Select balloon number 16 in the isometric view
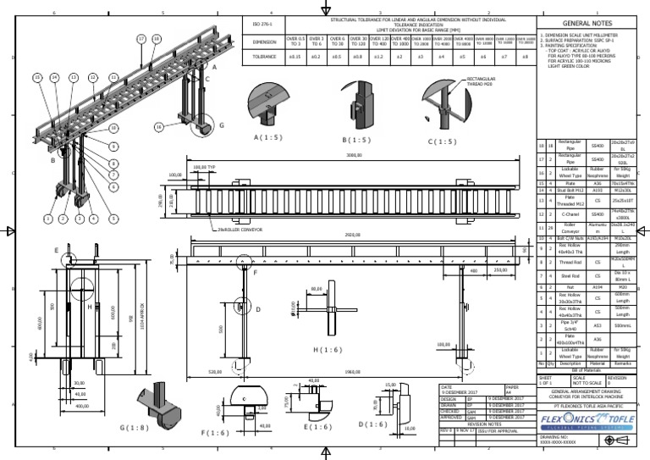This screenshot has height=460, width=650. [x=159, y=127]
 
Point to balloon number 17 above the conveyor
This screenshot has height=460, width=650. [x=141, y=40]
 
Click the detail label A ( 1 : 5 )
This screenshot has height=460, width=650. [x=267, y=136]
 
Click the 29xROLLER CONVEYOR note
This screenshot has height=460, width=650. [x=241, y=229]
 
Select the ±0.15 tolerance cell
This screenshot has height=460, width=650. [x=295, y=56]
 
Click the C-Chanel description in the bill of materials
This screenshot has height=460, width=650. [x=570, y=216]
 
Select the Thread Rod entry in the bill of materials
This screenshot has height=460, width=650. [x=570, y=263]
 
